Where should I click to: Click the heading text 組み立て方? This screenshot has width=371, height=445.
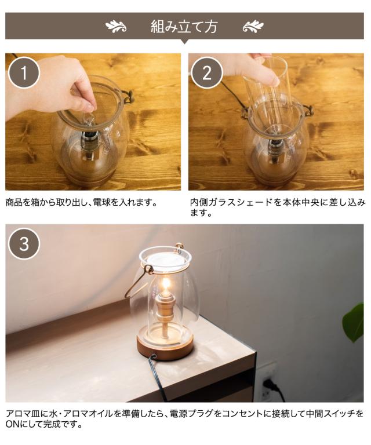[184, 27]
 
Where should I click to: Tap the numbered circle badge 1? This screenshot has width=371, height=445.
[24, 72]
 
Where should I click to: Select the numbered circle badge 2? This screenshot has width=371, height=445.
[206, 72]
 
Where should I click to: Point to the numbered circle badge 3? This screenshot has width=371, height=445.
[24, 244]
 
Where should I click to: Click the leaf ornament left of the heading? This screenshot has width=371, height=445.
[116, 27]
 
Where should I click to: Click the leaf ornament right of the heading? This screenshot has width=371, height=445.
[253, 27]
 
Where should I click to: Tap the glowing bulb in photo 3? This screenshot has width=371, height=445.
[166, 284]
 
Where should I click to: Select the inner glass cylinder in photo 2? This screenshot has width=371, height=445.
[267, 94]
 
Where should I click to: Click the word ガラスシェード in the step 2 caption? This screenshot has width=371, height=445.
[235, 203]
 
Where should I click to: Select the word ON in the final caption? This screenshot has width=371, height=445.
[12, 424]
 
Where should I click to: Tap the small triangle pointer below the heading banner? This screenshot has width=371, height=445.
[184, 42]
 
